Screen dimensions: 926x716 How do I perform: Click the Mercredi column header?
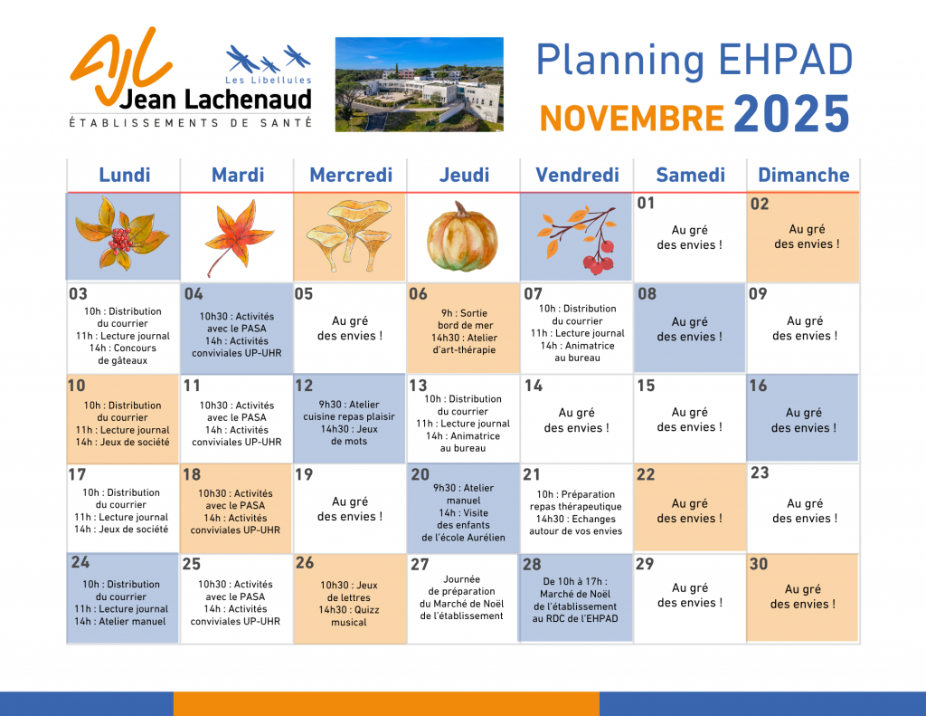tap(351, 175)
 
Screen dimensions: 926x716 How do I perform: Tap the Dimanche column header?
tap(803, 175)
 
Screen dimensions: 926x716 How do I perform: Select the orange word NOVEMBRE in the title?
tap(631, 118)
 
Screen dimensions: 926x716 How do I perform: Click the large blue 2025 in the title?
tap(791, 113)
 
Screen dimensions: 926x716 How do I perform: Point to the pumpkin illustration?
tap(462, 238)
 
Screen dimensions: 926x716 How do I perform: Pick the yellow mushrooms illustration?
tap(350, 234)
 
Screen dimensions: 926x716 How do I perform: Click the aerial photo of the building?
tap(420, 84)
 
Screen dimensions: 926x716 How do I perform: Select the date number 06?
tap(418, 294)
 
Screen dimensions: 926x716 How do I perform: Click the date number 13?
tap(418, 386)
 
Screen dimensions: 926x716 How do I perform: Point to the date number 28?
tap(532, 565)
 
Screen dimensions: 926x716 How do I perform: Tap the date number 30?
tap(759, 564)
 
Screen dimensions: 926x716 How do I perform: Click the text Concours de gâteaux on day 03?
tap(123, 354)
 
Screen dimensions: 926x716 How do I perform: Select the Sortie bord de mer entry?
tap(465, 320)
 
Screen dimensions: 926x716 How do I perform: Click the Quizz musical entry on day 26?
tap(349, 616)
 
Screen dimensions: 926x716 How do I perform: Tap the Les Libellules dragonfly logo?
tap(269, 64)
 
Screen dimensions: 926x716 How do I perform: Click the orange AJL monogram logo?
tap(121, 65)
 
